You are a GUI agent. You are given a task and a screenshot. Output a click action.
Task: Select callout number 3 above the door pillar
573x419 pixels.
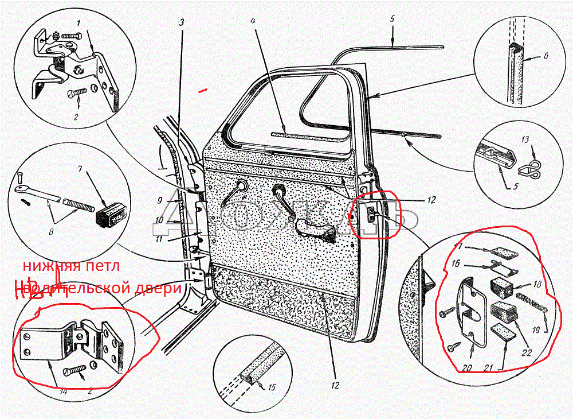[182, 23]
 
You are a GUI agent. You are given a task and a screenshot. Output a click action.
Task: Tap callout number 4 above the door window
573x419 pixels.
[253, 21]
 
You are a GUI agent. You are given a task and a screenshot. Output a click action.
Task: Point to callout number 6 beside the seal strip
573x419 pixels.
[545, 57]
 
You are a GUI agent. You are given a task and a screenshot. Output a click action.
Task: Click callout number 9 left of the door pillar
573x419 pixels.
[161, 201]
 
